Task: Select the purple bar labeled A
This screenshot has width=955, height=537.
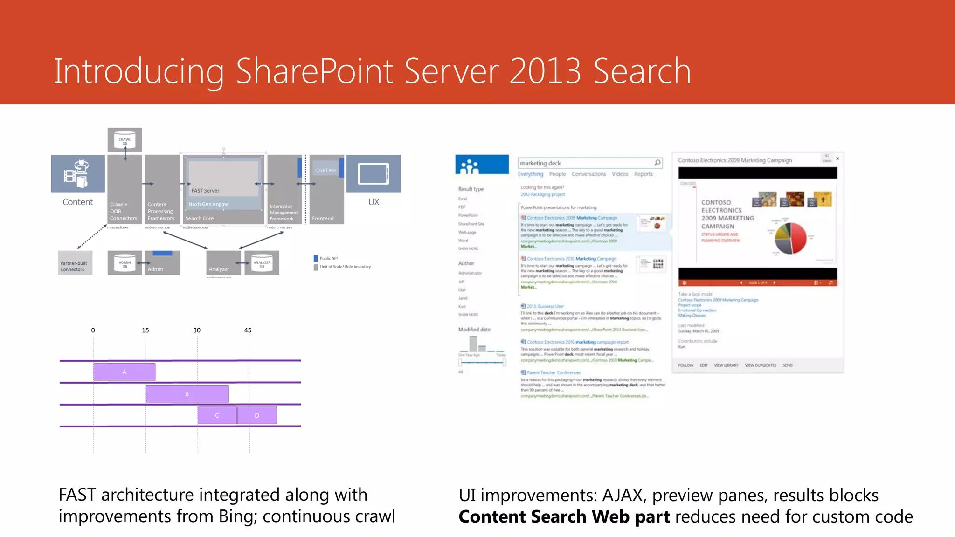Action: [x=124, y=372]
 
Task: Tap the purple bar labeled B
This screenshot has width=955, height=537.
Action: [x=187, y=394]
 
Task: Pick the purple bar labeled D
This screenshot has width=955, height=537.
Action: [x=257, y=415]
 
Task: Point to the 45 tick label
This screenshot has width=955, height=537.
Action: [x=248, y=330]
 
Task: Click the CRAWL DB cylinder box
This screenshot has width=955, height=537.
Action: [x=125, y=140]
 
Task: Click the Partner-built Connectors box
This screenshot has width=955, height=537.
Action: [x=75, y=263]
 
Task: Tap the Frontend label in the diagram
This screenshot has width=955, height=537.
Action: [x=323, y=218]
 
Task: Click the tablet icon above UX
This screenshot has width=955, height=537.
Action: [x=374, y=174]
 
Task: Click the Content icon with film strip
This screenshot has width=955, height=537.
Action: [x=78, y=173]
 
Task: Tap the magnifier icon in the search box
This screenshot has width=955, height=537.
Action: [x=657, y=163]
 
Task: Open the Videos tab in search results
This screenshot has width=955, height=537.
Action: [x=620, y=174]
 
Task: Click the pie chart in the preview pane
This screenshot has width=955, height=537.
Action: [x=790, y=238]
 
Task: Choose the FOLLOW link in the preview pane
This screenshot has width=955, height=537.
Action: [x=685, y=365]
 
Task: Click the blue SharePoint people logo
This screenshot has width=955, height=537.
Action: [x=482, y=165]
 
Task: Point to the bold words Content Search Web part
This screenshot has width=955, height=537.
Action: [x=564, y=516]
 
